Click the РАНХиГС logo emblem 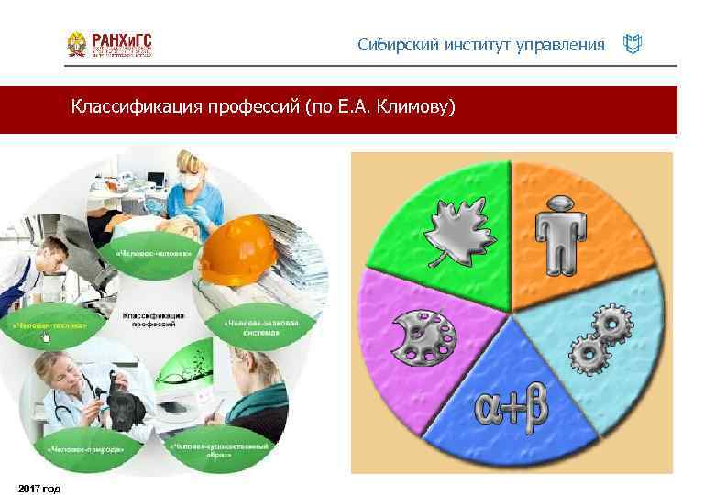78,45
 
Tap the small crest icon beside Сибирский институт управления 632,44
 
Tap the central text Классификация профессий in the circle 153,320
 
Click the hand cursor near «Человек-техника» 45,338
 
